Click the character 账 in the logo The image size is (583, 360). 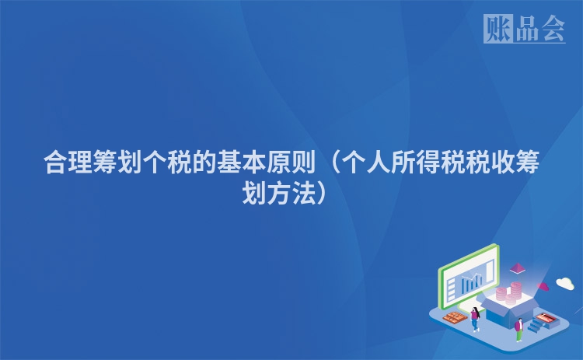tap(497, 28)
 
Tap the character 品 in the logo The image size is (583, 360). tap(527, 28)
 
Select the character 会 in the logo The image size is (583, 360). tap(553, 28)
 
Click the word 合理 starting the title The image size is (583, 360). tap(68, 163)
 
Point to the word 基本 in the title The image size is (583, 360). tap(242, 163)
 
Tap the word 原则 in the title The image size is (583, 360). tap(291, 163)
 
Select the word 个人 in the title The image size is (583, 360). tap(365, 163)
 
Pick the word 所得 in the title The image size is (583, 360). tap(415, 163)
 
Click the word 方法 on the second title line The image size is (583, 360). tap(291, 193)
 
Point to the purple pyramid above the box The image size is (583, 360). tap(517, 267)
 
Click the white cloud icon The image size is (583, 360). tap(565, 283)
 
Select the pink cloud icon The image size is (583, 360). tap(543, 286)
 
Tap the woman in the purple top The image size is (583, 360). tap(475, 319)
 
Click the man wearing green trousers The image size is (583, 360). tap(519, 330)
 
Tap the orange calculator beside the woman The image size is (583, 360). tap(456, 317)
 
